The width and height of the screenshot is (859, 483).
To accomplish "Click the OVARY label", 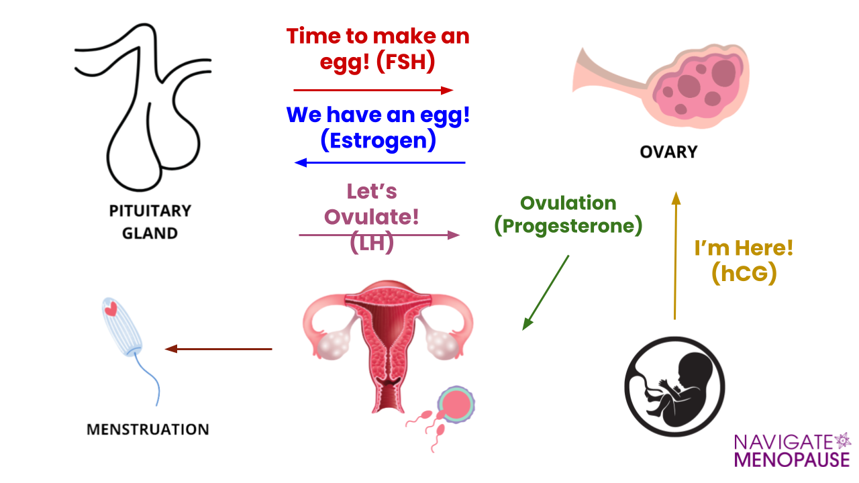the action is [x=668, y=152].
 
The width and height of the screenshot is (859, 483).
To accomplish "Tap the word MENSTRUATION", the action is [x=148, y=429].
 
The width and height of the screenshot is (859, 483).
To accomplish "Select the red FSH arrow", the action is [x=373, y=90].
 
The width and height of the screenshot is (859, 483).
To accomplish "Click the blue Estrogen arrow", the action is [x=380, y=162].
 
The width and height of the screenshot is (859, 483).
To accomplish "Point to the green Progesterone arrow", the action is [x=546, y=292].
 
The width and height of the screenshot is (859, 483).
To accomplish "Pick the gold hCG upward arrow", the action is [x=676, y=256].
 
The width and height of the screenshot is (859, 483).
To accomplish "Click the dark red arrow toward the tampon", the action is [x=218, y=349].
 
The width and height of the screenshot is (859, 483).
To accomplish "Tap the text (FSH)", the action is [x=406, y=62].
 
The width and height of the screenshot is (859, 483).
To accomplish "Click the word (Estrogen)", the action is [x=378, y=140].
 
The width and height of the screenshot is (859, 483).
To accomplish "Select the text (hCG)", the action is [x=744, y=273].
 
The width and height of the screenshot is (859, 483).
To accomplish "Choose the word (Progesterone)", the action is [x=568, y=225].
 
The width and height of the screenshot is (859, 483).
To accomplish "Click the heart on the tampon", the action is [x=111, y=309].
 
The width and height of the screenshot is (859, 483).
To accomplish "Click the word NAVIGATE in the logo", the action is [x=783, y=442].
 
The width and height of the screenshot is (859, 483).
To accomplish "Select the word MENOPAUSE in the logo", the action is [x=792, y=460].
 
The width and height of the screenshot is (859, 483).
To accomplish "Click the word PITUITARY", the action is [x=150, y=211].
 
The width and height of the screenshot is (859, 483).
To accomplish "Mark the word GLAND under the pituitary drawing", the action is [x=150, y=233].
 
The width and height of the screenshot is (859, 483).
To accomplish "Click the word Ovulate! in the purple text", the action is [x=371, y=217].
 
